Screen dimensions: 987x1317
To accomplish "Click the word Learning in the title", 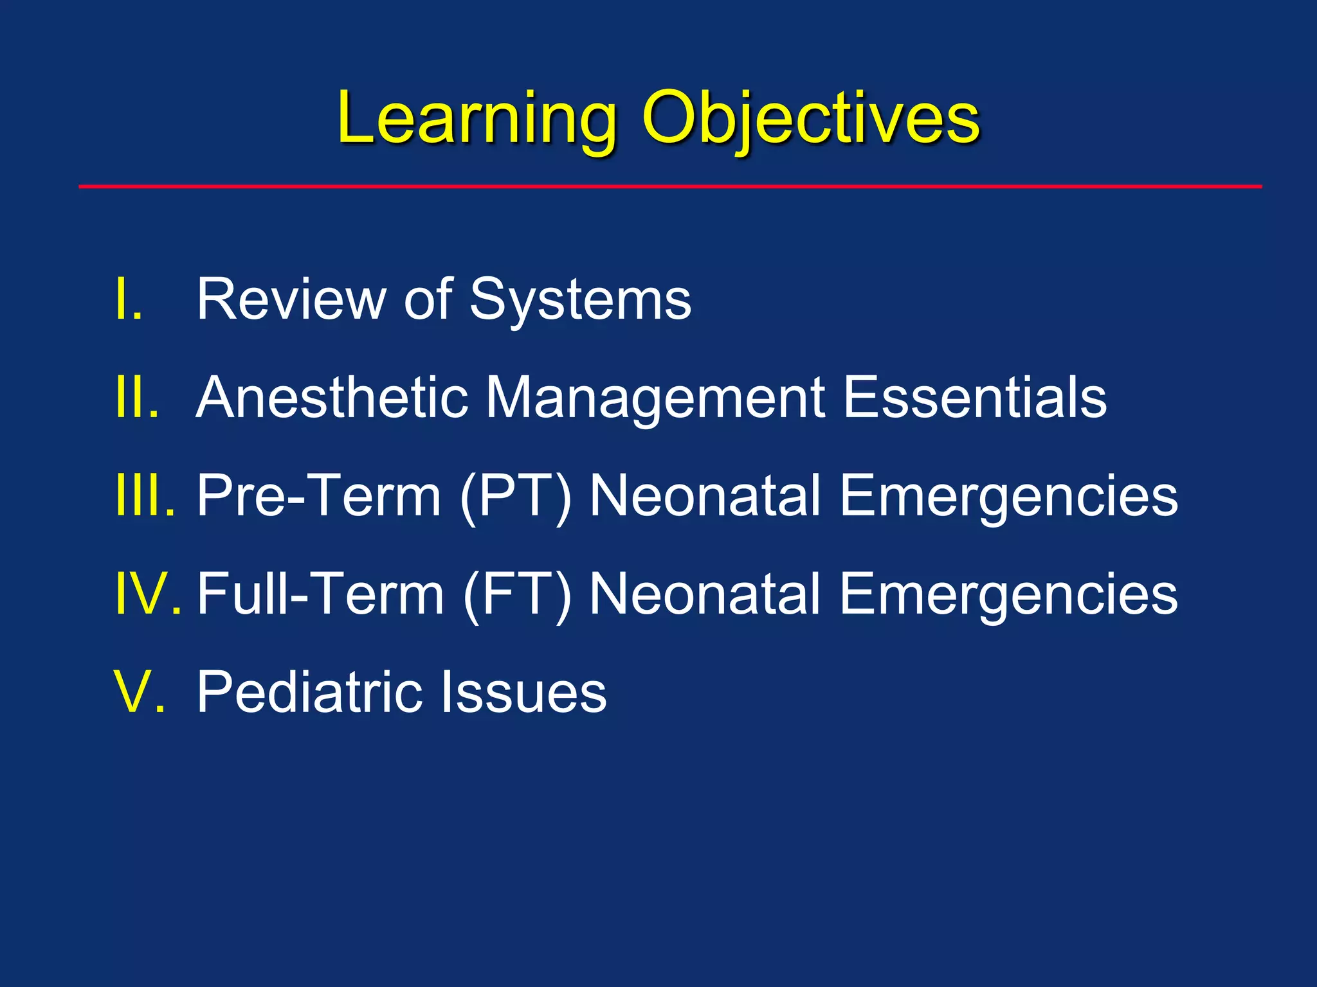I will tap(476, 119).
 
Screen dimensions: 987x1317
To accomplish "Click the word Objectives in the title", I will tap(810, 119).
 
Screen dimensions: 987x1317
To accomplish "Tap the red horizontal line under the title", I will tap(669, 186).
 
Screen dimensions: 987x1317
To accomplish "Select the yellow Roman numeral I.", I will tap(128, 299).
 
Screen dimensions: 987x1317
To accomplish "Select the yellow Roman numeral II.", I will tap(136, 398).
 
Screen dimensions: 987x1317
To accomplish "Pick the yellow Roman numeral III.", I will tap(145, 496).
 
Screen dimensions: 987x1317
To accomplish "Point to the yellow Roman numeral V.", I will tap(139, 693).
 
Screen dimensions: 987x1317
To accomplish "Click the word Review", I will tap(289, 299).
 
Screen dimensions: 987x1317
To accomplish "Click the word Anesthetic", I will tap(331, 398).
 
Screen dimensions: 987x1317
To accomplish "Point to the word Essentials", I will tap(974, 398).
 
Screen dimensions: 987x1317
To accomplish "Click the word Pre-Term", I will tap(318, 496).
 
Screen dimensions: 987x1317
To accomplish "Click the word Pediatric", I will tap(309, 693).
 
